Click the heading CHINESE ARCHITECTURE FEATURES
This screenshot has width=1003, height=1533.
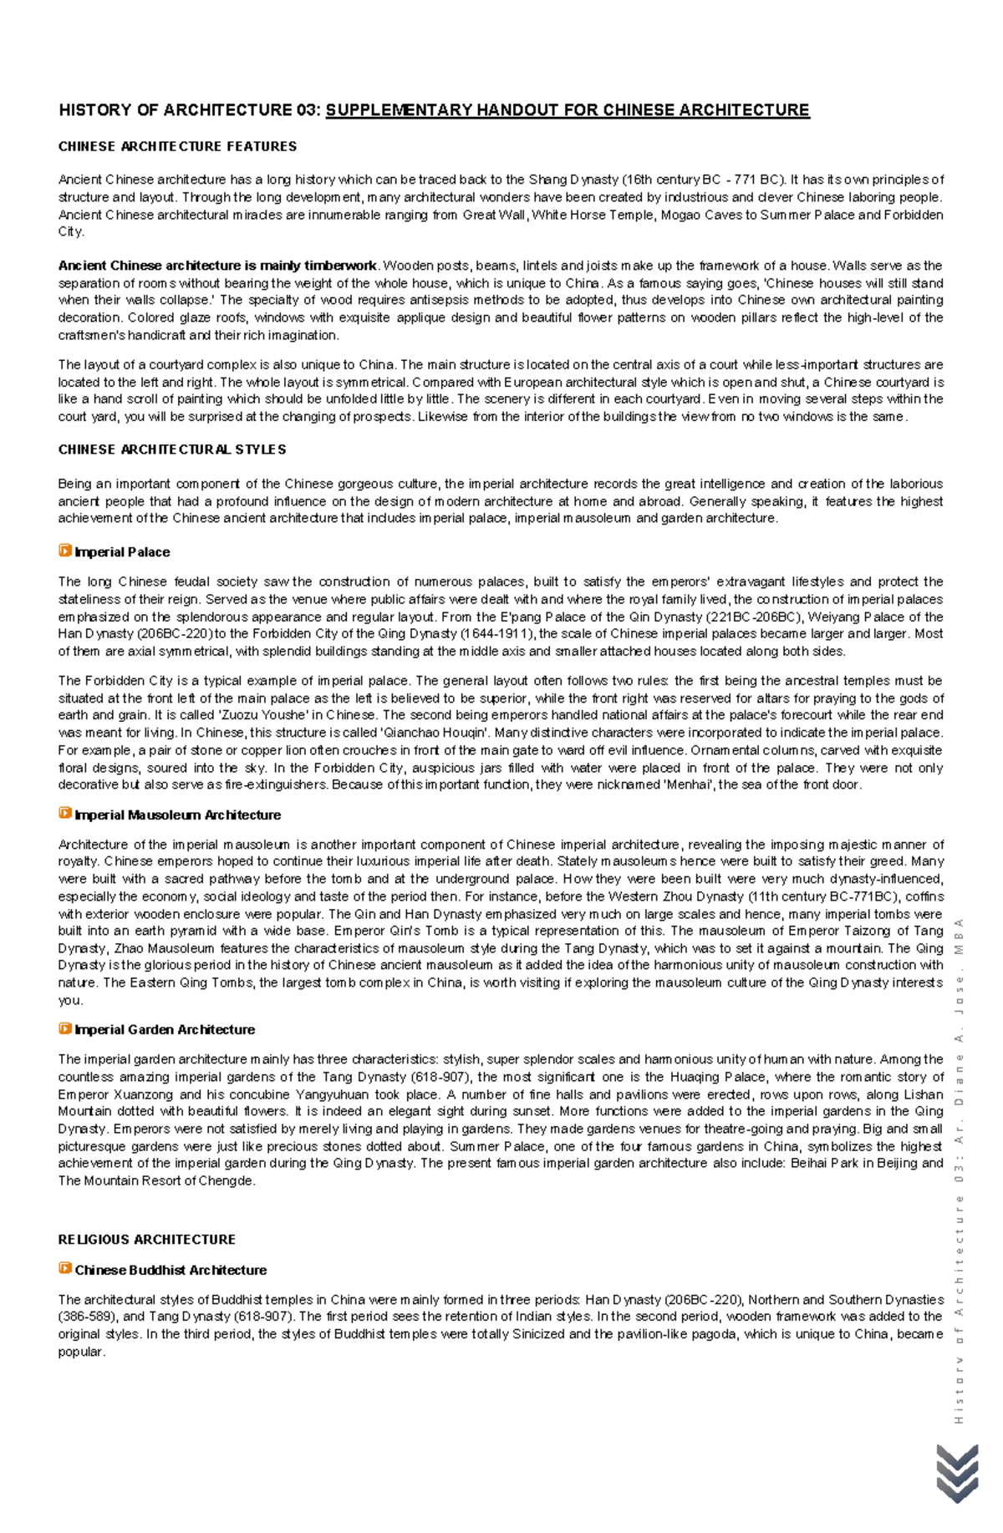point(177,146)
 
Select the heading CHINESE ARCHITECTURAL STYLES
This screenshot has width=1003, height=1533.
point(172,449)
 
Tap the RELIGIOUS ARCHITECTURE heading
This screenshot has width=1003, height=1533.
point(146,1239)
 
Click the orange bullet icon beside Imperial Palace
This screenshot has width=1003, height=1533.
point(64,551)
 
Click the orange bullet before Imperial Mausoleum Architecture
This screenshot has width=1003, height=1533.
point(64,813)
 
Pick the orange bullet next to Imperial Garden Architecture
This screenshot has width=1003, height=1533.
point(64,1028)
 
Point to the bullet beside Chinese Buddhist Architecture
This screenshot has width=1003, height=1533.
point(64,1268)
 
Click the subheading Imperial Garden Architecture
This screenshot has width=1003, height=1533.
point(165,1029)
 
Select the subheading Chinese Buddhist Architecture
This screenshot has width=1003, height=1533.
point(171,1270)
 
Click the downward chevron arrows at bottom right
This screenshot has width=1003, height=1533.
point(957,1474)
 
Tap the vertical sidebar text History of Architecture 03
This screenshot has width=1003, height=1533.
point(959,1170)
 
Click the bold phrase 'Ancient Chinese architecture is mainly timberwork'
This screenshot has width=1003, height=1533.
point(217,266)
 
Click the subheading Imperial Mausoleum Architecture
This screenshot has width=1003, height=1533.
point(177,815)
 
